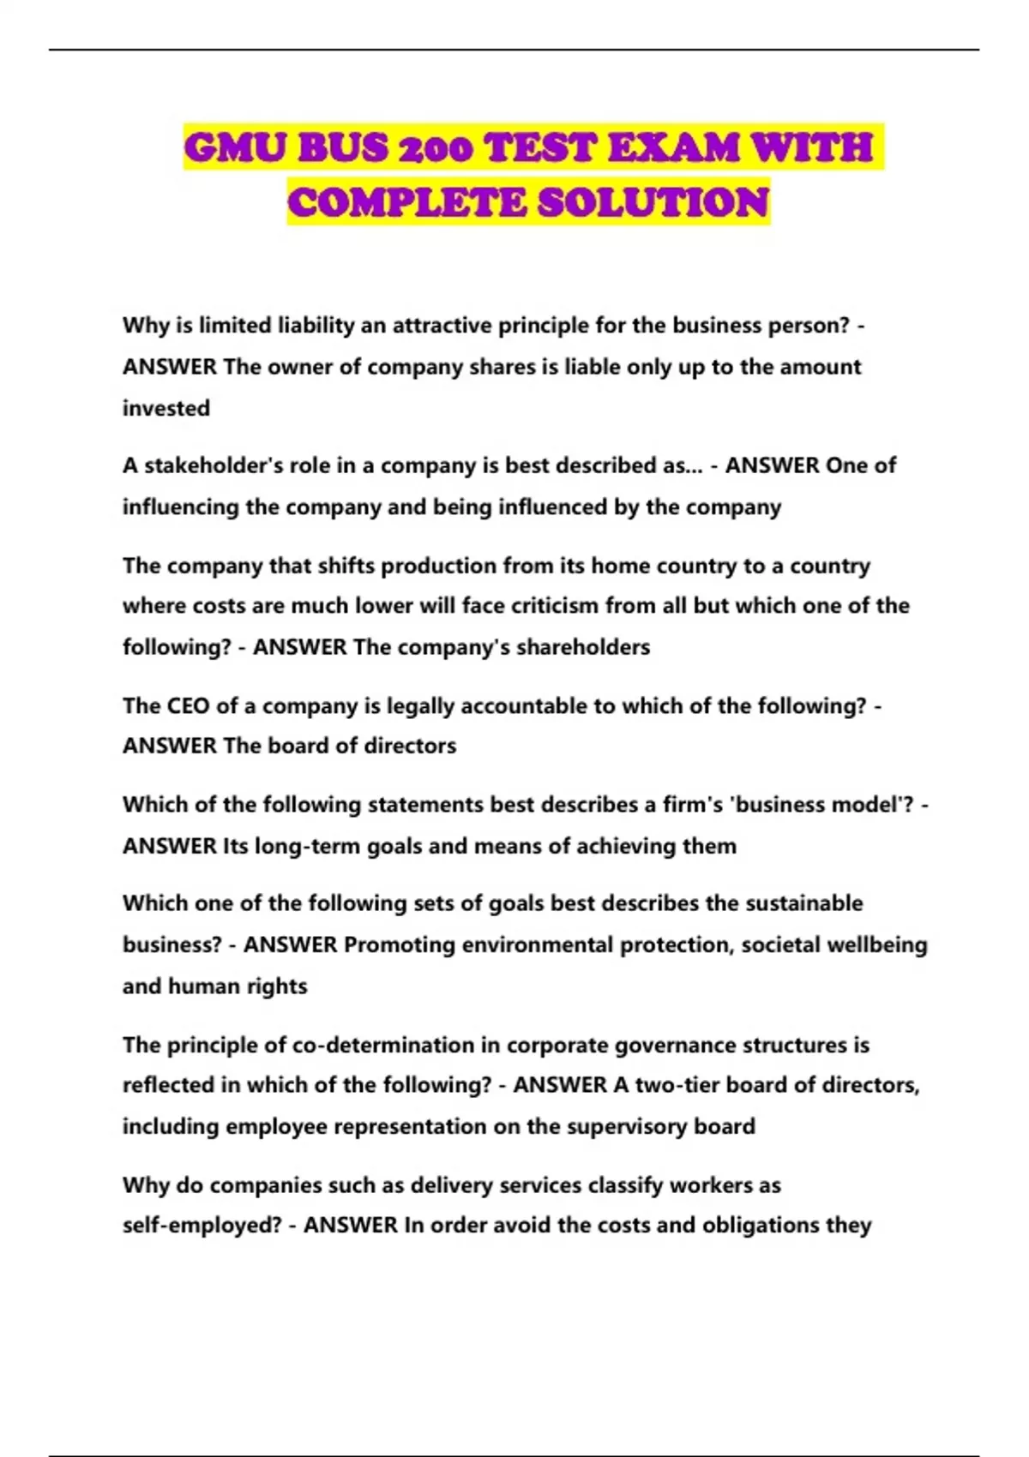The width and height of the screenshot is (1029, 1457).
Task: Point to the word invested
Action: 166,408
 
